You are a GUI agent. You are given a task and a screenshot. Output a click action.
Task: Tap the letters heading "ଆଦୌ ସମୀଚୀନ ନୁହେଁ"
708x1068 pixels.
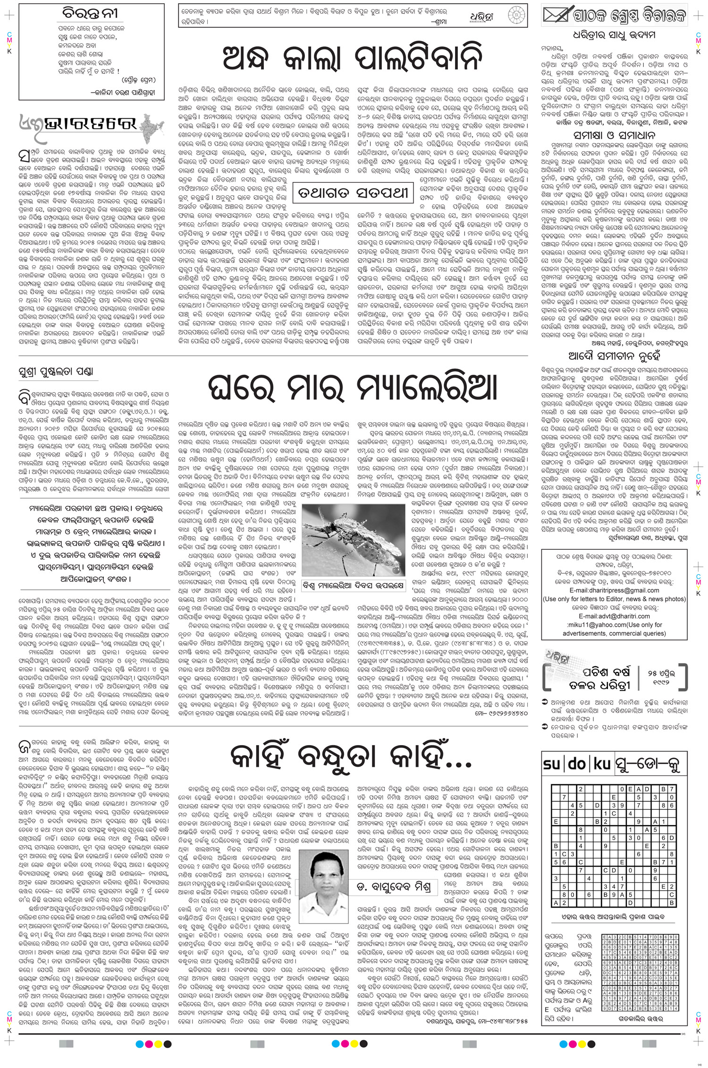615,353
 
